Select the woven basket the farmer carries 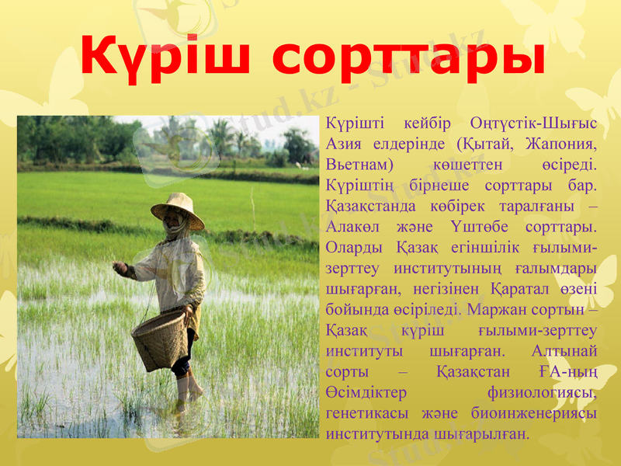[161, 339]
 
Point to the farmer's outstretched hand [120, 268]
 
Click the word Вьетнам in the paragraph [360, 165]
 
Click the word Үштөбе [487, 227]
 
